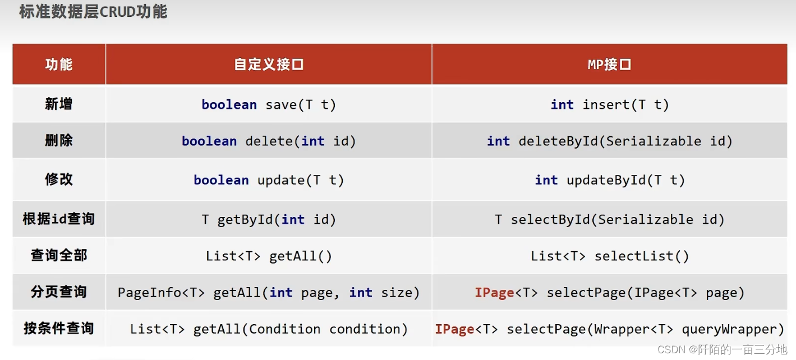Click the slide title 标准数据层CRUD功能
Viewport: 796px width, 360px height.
click(93, 12)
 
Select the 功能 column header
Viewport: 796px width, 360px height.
click(59, 64)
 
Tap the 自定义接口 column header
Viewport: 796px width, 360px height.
click(269, 64)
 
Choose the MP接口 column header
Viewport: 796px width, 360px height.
click(609, 64)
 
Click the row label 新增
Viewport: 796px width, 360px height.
click(59, 104)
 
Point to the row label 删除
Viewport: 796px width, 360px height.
click(59, 140)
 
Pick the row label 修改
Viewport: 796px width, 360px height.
click(59, 179)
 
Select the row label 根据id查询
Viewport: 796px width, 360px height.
click(59, 219)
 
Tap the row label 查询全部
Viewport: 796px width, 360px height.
click(59, 256)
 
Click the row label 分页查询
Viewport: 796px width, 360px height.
click(59, 292)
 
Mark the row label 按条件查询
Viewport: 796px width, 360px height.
click(59, 329)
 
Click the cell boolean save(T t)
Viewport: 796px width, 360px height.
click(269, 105)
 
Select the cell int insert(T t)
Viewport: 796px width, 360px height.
click(610, 105)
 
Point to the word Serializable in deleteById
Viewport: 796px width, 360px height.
click(654, 141)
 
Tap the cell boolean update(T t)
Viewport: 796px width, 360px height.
click(269, 181)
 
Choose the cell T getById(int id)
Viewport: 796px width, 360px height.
click(269, 220)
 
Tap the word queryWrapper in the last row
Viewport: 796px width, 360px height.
click(733, 330)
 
